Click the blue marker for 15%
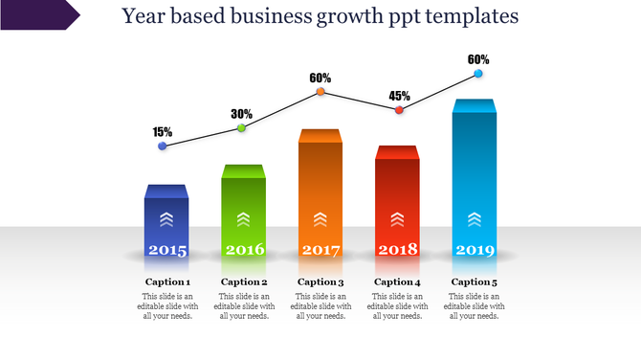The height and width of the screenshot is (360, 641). pos(162,146)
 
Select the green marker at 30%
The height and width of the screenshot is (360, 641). pos(241,127)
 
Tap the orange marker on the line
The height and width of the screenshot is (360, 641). pos(320,92)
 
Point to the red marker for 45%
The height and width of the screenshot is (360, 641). pos(399,110)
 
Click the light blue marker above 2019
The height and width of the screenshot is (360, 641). pos(478,74)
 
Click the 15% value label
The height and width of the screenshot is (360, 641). pos(163,132)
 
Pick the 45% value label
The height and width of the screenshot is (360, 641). pos(400,96)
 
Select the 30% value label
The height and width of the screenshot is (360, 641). pos(242,114)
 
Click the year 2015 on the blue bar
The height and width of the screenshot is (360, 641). pos(167,250)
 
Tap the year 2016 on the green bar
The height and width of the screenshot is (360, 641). pos(244,250)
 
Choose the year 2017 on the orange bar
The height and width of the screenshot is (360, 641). pos(320,250)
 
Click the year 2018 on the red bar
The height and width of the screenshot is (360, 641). pos(398,250)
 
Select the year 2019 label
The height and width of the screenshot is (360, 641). pos(475,250)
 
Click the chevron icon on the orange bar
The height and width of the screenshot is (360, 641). pos(320,219)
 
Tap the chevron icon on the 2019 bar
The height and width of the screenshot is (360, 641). pos(475,219)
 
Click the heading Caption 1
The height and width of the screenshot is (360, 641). pos(167,281)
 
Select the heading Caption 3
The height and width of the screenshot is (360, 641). pos(320,281)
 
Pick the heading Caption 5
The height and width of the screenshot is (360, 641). pos(475,281)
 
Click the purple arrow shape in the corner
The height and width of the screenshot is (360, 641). pos(38,14)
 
